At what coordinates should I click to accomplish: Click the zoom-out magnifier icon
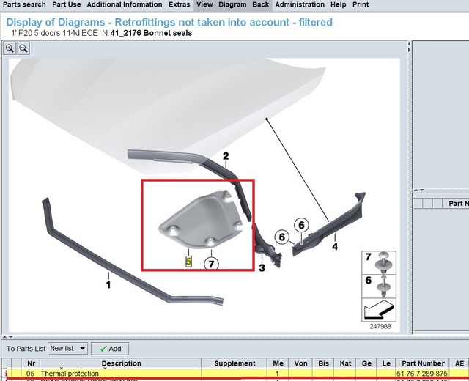23,48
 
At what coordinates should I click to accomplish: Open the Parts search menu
23,4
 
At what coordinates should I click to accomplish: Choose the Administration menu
300,4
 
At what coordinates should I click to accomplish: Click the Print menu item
361,4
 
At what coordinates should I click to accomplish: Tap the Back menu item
260,4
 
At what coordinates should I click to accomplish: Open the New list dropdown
67,349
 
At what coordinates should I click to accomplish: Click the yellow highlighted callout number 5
188,260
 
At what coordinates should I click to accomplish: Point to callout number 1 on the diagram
108,284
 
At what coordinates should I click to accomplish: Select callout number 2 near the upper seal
226,156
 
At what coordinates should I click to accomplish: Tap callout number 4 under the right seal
335,247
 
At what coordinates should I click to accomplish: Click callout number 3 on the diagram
262,267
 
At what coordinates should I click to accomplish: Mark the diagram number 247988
379,326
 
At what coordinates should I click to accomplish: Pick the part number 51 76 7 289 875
421,374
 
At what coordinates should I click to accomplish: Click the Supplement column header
234,363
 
